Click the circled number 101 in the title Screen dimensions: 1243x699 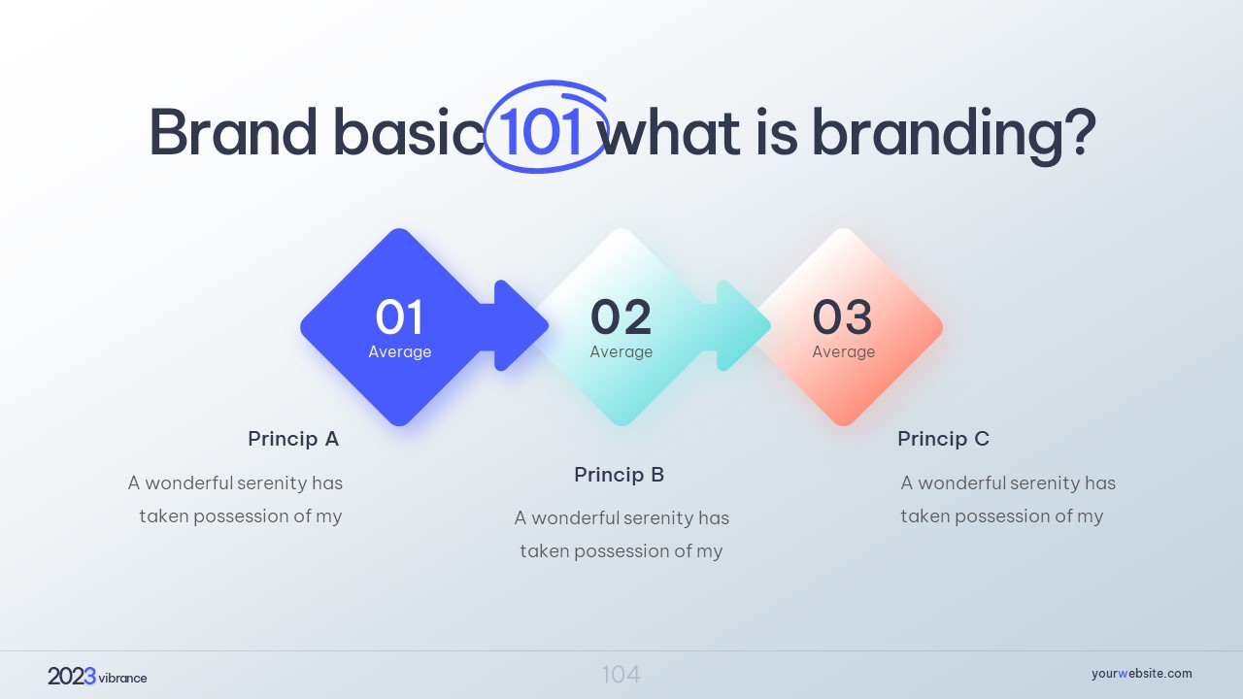tap(540, 132)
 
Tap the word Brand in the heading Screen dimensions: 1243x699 tap(233, 132)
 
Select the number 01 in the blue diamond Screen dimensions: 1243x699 tap(399, 316)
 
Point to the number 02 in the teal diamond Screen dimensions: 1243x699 tap(621, 316)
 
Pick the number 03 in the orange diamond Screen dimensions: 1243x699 tap(842, 316)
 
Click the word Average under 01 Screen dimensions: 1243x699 tap(399, 351)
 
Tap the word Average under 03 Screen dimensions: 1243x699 tap(844, 351)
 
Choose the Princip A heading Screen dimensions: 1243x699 tap(293, 439)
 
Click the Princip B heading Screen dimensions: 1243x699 tap(620, 475)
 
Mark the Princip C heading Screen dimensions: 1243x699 tap(943, 439)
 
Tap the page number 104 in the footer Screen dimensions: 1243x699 tap(621, 675)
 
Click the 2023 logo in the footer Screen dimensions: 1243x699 tap(72, 677)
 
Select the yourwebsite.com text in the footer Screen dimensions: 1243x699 tap(1141, 674)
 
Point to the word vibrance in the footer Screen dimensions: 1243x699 tap(122, 678)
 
